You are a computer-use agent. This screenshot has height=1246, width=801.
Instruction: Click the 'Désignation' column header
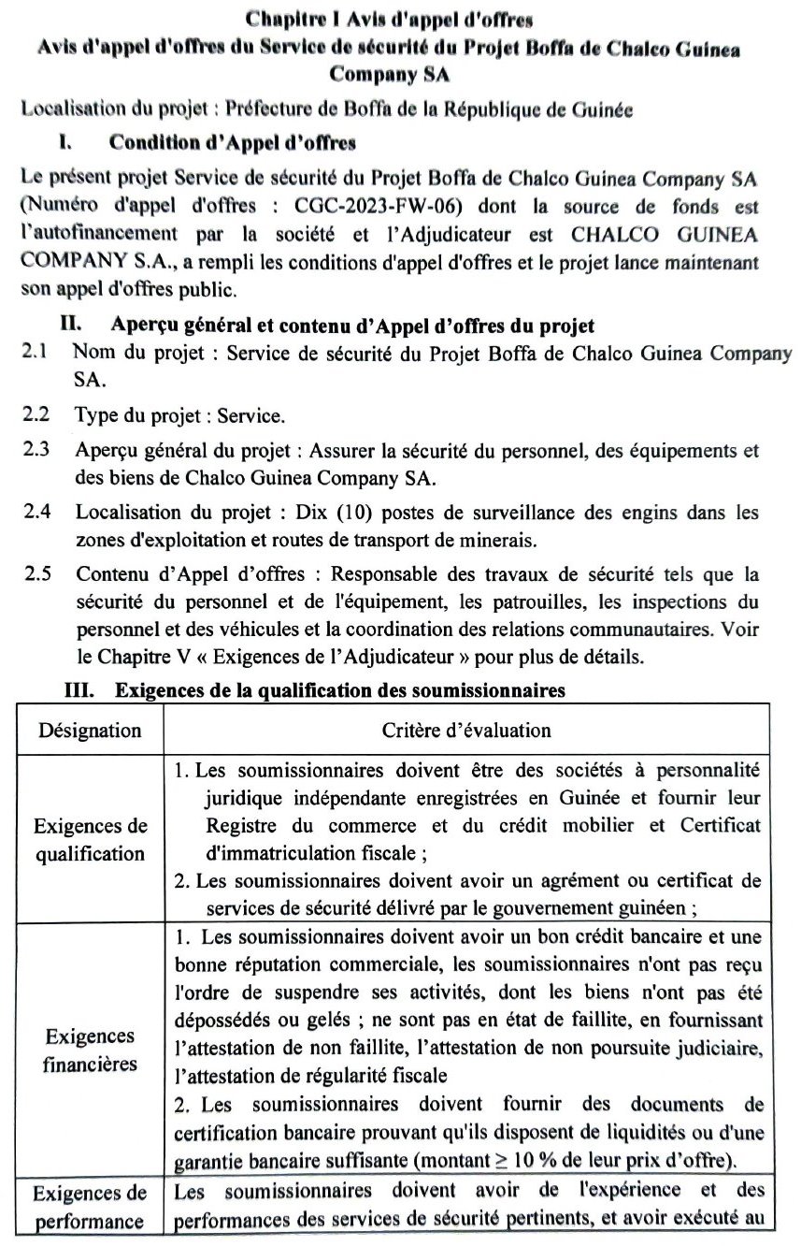click(x=90, y=730)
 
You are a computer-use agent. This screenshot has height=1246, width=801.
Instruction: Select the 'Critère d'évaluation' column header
click(x=466, y=730)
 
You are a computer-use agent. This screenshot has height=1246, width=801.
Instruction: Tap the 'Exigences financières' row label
click(x=90, y=1050)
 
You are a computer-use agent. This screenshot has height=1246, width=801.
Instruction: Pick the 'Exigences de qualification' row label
click(x=91, y=840)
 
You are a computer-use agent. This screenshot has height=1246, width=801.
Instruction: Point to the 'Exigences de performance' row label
click(x=90, y=1207)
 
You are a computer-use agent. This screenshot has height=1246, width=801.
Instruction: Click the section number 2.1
click(x=36, y=353)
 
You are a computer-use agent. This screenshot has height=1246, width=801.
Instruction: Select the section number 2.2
click(x=36, y=413)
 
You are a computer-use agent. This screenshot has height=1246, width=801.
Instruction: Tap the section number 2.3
click(x=36, y=449)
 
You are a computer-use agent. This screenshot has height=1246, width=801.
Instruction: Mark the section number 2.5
click(x=36, y=572)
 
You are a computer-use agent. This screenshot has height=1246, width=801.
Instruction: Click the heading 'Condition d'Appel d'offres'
click(x=233, y=143)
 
